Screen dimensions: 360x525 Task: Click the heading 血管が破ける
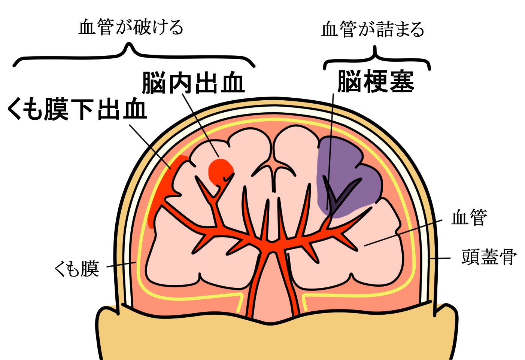click(131, 27)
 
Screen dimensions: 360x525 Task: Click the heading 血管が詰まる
click(373, 29)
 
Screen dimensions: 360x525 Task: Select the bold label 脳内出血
click(193, 83)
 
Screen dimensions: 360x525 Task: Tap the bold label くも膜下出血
click(77, 109)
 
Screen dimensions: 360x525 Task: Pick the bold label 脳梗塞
click(376, 82)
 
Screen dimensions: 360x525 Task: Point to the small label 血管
click(469, 217)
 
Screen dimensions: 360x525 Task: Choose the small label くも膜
click(77, 269)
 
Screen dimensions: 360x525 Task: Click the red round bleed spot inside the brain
click(220, 171)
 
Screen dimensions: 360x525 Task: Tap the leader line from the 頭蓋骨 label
click(440, 258)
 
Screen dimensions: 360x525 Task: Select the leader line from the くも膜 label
click(122, 265)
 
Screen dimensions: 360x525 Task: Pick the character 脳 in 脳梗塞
click(350, 82)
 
